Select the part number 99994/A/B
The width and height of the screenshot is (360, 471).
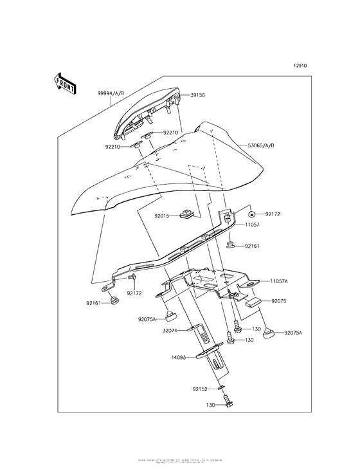click(x=111, y=93)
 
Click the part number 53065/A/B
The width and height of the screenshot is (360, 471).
click(x=261, y=146)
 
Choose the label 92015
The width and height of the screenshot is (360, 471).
click(x=161, y=216)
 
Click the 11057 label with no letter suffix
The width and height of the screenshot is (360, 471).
click(x=252, y=226)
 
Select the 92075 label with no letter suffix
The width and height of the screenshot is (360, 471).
click(x=280, y=300)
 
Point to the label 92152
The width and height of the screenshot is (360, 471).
click(x=200, y=389)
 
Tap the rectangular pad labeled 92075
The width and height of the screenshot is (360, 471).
click(x=251, y=299)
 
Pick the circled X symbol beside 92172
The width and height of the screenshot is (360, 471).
click(x=253, y=213)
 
